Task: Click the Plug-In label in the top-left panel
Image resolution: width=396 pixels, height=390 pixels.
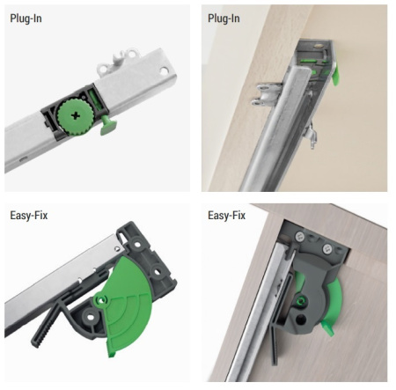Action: (x=26, y=18)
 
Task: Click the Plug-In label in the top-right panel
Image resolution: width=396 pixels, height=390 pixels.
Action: (x=224, y=18)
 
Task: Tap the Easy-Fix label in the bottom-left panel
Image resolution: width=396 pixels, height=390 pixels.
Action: (x=29, y=216)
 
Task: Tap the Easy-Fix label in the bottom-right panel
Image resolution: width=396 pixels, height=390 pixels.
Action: (x=226, y=216)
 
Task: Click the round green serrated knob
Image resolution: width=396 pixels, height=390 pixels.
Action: (x=76, y=117)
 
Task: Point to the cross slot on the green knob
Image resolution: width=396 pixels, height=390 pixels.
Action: (x=76, y=116)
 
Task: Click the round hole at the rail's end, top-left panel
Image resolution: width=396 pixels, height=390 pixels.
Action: (x=164, y=70)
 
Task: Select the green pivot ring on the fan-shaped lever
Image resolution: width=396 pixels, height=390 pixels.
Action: (x=101, y=300)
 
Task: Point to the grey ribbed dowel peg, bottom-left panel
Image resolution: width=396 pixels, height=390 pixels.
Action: (x=46, y=327)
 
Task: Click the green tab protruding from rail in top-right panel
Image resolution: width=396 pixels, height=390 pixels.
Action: (x=335, y=76)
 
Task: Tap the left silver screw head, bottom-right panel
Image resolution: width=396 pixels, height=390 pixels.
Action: (x=299, y=237)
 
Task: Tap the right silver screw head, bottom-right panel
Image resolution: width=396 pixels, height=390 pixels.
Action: (x=327, y=249)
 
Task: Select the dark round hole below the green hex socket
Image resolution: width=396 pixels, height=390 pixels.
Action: (x=300, y=320)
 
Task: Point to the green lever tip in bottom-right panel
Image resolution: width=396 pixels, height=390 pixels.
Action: (x=328, y=328)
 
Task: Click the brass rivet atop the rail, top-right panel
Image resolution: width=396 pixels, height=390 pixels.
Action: (x=318, y=46)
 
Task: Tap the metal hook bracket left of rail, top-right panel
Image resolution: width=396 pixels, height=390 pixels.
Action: (x=266, y=94)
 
